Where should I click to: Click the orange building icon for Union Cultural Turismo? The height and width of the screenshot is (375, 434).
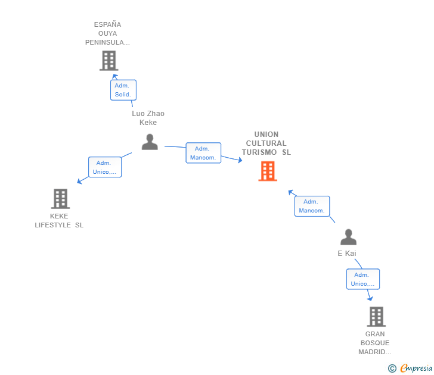[268, 171]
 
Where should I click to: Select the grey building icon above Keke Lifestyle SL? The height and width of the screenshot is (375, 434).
[60, 198]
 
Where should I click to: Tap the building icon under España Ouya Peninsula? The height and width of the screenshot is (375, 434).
[108, 60]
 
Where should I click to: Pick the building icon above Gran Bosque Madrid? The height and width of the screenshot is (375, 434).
[376, 316]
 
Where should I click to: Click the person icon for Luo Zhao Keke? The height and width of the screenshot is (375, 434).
[150, 142]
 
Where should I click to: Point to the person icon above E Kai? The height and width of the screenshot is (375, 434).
[348, 237]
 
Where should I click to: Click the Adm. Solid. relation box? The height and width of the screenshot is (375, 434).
[123, 90]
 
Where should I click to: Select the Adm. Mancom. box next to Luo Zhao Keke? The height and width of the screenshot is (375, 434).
[203, 153]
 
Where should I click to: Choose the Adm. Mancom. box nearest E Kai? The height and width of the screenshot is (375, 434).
[312, 206]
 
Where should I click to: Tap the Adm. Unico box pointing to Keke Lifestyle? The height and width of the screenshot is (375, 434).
[105, 167]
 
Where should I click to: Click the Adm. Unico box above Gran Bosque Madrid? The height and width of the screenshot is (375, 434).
[362, 279]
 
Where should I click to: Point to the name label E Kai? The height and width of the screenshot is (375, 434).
[347, 254]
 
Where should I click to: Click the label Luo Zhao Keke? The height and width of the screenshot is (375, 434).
[148, 118]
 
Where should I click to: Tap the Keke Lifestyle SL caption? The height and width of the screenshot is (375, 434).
[59, 220]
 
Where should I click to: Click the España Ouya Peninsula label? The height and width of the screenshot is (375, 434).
[107, 33]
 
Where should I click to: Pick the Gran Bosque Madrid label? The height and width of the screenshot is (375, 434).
[375, 343]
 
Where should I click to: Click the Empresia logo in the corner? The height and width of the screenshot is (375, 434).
[416, 368]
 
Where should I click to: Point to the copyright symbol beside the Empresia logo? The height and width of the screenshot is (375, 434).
[392, 368]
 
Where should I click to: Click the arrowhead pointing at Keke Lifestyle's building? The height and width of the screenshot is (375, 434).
[79, 182]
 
